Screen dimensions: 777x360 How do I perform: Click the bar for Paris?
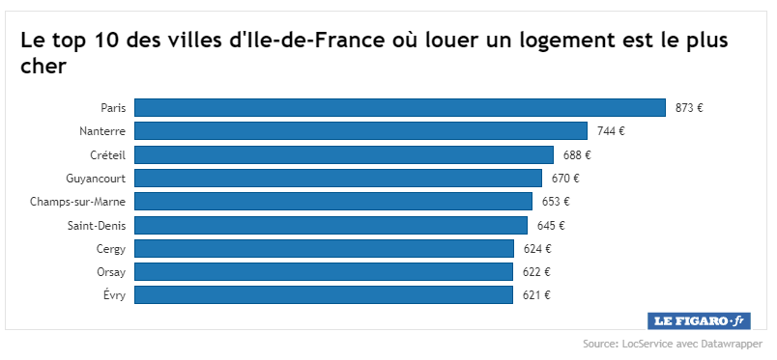pyautogui.click(x=400, y=107)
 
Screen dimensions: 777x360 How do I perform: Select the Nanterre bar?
pyautogui.click(x=360, y=131)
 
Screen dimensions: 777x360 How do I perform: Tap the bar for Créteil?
pyautogui.click(x=344, y=154)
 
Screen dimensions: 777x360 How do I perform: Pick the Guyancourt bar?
pyautogui.click(x=338, y=179)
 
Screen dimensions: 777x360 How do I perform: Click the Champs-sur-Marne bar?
pyautogui.click(x=333, y=202)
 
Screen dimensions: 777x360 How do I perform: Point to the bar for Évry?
pyautogui.click(x=324, y=295)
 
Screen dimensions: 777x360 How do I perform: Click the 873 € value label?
pyautogui.click(x=689, y=108)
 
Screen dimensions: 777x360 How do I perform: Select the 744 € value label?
pyautogui.click(x=611, y=131)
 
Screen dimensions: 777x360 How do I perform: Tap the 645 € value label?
pyautogui.click(x=551, y=226)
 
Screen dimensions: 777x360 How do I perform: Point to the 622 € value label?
pyautogui.click(x=536, y=272)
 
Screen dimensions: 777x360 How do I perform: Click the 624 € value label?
pyautogui.click(x=537, y=249)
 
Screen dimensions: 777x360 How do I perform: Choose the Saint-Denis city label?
pyautogui.click(x=97, y=226)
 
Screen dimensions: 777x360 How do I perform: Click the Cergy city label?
pyautogui.click(x=111, y=250)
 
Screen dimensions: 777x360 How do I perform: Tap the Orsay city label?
pyautogui.click(x=111, y=273)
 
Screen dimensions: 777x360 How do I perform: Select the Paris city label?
pyautogui.click(x=113, y=108)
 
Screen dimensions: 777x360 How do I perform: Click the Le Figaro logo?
pyautogui.click(x=699, y=320)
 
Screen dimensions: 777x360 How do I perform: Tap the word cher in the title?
pyautogui.click(x=43, y=67)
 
